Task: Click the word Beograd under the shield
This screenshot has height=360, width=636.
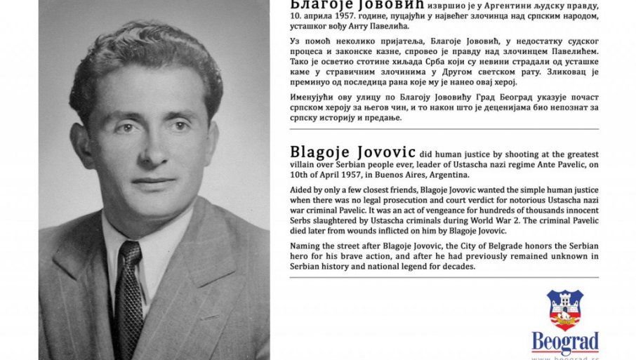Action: coord(565,341)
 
